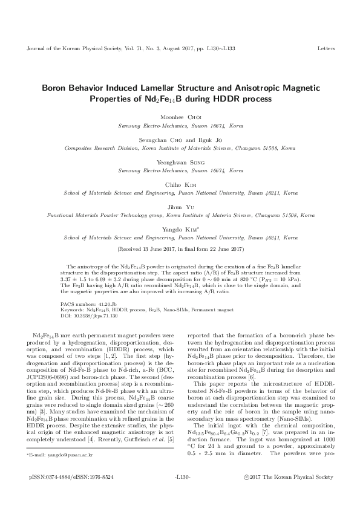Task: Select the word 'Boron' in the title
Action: (x=56, y=87)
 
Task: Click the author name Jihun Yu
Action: (x=180, y=207)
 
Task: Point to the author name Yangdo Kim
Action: (x=180, y=229)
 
